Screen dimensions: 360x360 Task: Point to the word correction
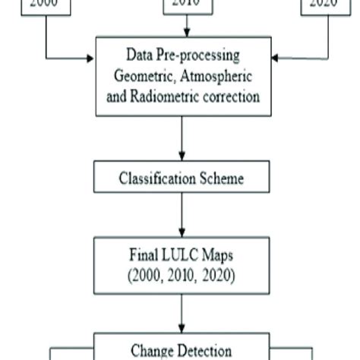[x=232, y=96]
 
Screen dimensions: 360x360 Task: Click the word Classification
[x=156, y=179]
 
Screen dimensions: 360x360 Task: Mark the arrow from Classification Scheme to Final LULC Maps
[x=182, y=216]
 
